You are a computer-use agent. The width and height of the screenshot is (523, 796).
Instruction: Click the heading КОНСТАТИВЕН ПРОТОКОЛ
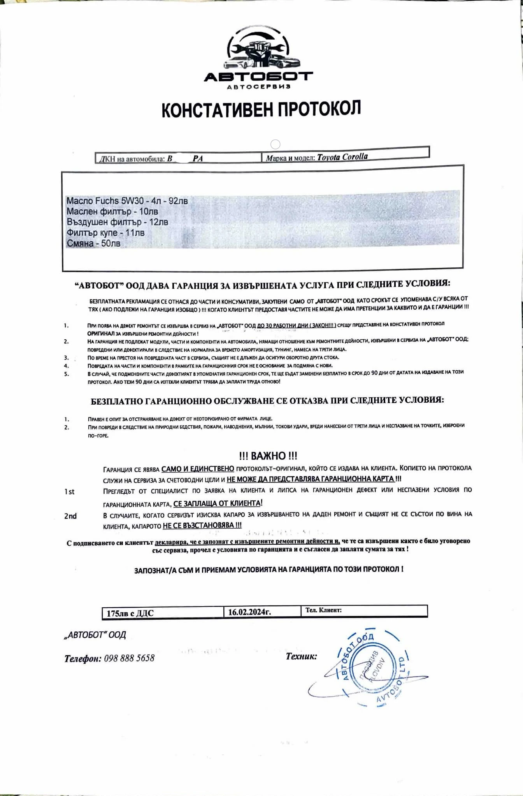click(261, 109)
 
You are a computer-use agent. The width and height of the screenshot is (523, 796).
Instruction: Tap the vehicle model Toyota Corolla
click(342, 157)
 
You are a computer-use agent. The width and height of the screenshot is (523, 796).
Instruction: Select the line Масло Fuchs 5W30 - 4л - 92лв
click(127, 201)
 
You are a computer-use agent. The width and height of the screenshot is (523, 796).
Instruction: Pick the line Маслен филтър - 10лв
click(112, 211)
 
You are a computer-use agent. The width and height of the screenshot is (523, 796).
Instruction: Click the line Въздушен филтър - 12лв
click(117, 222)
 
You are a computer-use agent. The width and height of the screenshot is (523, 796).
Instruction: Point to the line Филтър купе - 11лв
click(105, 233)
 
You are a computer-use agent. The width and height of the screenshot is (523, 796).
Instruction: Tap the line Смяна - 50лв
click(93, 244)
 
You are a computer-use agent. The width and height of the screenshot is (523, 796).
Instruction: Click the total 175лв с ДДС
click(130, 613)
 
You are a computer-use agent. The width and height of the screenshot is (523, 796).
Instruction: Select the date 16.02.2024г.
click(249, 612)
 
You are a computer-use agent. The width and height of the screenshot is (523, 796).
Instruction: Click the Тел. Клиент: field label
click(323, 610)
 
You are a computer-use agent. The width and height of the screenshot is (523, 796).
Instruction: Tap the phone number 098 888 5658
click(129, 658)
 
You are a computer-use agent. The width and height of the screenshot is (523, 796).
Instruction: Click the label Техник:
click(301, 656)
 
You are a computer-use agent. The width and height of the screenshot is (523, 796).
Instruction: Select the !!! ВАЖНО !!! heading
click(268, 456)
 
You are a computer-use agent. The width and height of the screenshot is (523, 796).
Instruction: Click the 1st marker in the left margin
click(69, 492)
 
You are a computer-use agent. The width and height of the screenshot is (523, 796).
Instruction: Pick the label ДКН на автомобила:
click(132, 159)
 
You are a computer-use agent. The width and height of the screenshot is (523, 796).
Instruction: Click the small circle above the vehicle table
click(275, 144)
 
